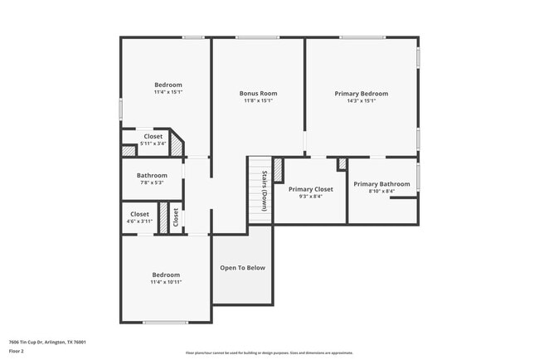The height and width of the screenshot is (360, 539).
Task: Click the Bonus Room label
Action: pyautogui.click(x=258, y=94)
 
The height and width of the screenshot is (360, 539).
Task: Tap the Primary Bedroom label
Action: pyautogui.click(x=361, y=94)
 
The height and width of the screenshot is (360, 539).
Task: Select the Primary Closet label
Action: pyautogui.click(x=310, y=189)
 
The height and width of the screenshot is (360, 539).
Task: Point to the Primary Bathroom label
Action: pyautogui.click(x=381, y=183)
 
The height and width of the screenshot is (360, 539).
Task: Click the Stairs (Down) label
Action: pyautogui.click(x=265, y=191)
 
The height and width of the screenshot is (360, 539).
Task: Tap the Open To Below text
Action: pyautogui.click(x=242, y=268)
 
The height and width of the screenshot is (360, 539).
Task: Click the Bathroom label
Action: pyautogui.click(x=152, y=175)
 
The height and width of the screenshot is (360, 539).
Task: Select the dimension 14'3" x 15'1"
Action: pyautogui.click(x=361, y=101)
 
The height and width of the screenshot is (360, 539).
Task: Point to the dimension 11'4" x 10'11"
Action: pyautogui.click(x=166, y=282)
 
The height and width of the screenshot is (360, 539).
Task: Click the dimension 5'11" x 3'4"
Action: pyautogui.click(x=153, y=144)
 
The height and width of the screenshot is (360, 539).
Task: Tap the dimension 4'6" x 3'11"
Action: pyautogui.click(x=140, y=221)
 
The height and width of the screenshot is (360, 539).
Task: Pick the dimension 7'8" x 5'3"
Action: pyautogui.click(x=152, y=182)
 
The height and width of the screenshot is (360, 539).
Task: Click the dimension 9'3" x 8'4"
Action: pyautogui.click(x=310, y=197)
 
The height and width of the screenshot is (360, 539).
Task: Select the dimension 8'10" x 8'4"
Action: pyautogui.click(x=381, y=191)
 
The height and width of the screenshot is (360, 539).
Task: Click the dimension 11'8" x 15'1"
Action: pyautogui.click(x=258, y=101)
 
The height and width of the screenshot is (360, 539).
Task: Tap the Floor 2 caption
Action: pyautogui.click(x=17, y=351)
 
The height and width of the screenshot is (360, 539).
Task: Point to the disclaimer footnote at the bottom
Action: pyautogui.click(x=269, y=353)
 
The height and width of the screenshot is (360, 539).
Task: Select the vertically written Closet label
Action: pyautogui.click(x=176, y=218)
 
